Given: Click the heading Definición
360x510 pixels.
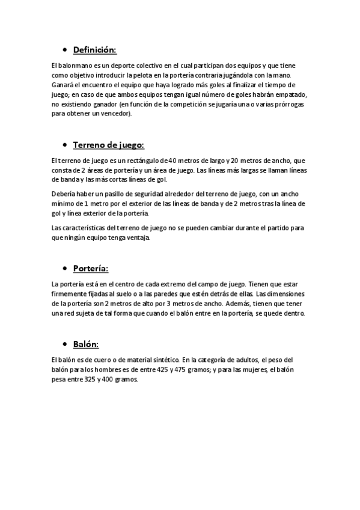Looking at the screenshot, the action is click(94, 50).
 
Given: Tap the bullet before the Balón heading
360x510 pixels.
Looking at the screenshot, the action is click(64, 345).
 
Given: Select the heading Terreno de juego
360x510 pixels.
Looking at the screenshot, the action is click(108, 145).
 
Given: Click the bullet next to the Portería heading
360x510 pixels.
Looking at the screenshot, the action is click(64, 268).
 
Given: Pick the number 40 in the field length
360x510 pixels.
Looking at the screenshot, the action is click(174, 160).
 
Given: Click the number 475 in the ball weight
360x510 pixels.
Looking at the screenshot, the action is click(185, 369).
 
